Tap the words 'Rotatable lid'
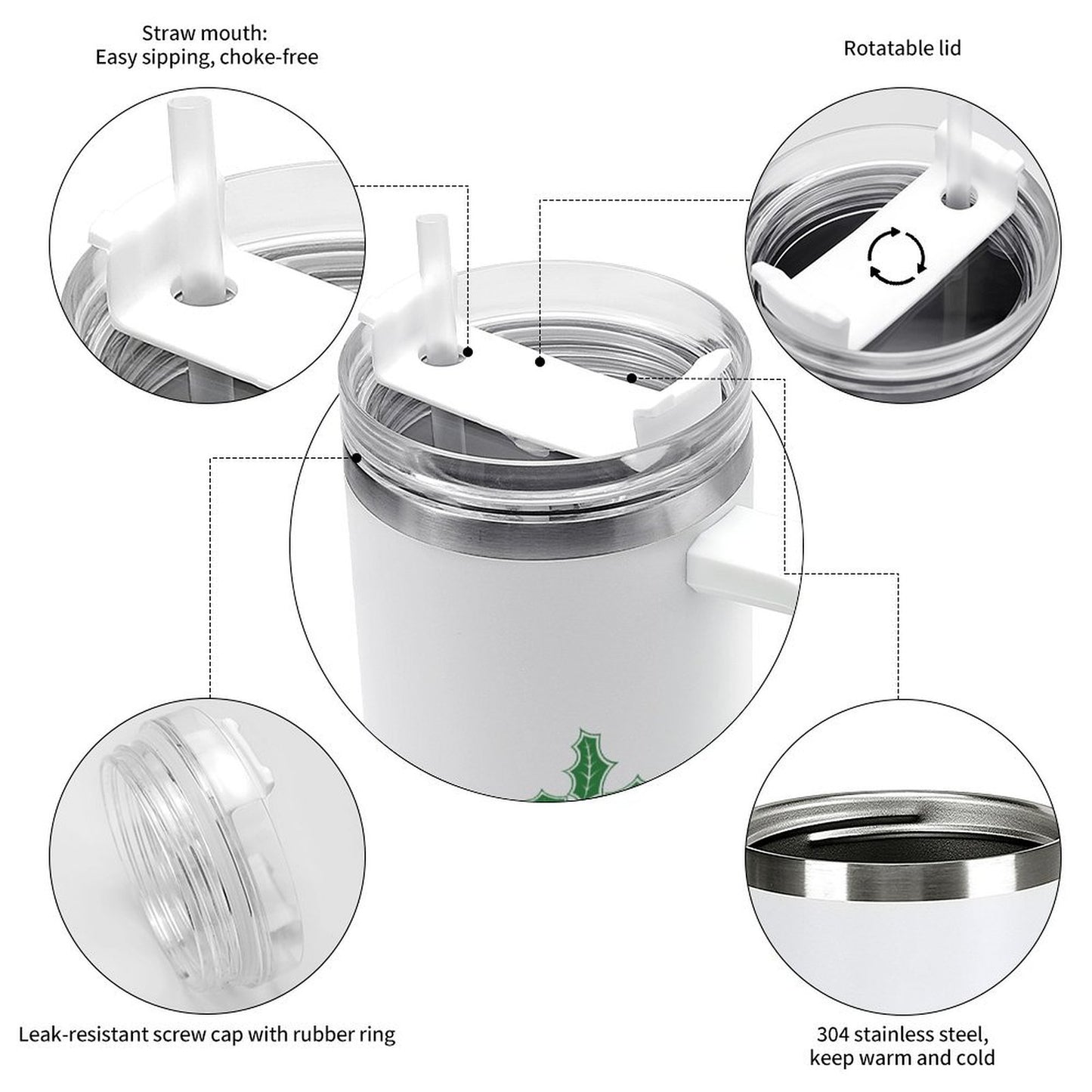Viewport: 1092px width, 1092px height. point(902,48)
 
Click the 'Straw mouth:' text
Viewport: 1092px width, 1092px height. point(204,33)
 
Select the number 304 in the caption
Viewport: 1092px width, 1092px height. point(834,1019)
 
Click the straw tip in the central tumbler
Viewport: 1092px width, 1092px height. point(432,223)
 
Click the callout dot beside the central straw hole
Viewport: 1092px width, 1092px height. point(468,352)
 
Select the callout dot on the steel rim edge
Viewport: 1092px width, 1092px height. point(357,457)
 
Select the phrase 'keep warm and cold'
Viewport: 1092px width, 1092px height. point(902,1041)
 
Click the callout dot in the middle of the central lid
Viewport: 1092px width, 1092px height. point(540,361)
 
